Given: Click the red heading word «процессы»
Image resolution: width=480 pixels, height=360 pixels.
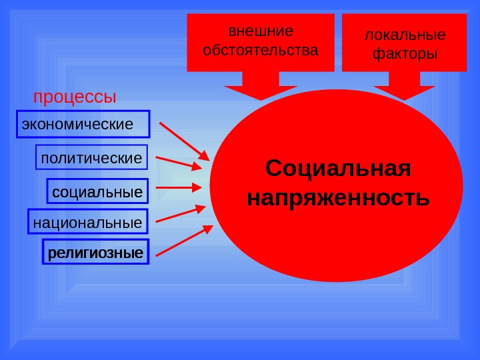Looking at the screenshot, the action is [75, 97].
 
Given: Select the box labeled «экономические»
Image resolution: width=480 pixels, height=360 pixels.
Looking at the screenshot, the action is [83, 124].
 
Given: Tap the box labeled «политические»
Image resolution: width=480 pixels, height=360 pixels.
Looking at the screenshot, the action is [91, 159].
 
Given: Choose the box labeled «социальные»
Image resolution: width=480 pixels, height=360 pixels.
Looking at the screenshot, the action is [97, 193].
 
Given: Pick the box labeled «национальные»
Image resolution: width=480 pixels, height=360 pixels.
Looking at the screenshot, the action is [87, 223].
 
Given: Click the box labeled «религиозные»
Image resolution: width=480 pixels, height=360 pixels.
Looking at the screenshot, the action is [96, 253].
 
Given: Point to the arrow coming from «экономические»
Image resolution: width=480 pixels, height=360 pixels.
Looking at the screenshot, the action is [184, 141].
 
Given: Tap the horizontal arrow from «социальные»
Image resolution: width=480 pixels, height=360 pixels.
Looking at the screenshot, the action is [179, 188].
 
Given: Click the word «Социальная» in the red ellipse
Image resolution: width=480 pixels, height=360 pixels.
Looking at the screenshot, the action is [338, 169].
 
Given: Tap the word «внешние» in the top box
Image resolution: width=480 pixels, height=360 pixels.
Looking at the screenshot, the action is [261, 31].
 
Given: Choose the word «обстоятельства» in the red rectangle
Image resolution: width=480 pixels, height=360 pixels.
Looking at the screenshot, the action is [261, 50].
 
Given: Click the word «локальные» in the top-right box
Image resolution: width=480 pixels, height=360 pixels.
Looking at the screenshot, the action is [405, 35].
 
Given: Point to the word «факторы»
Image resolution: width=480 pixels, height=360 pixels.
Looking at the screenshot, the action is [405, 53].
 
